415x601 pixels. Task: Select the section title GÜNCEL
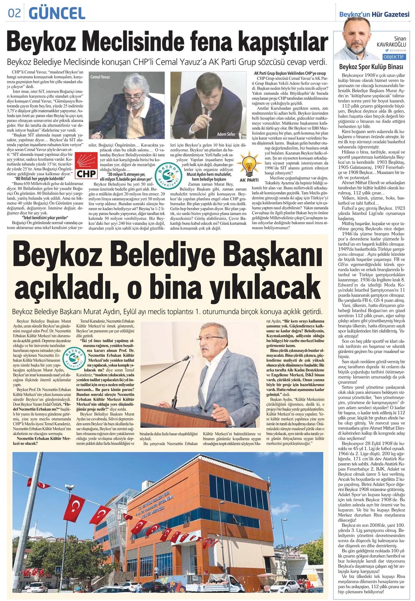(x=57, y=13)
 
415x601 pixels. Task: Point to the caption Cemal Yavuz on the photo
(x=100, y=77)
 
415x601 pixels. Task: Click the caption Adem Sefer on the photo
(x=226, y=134)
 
